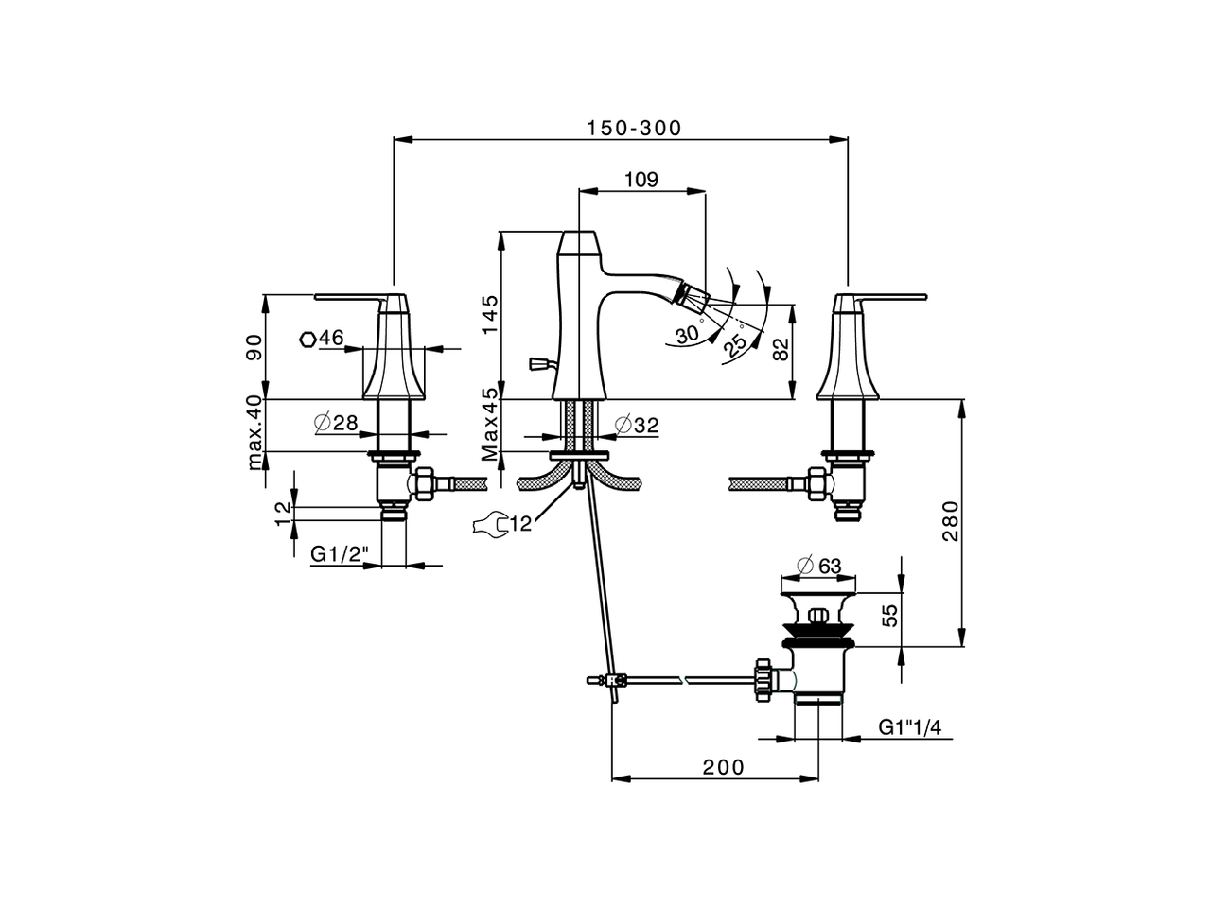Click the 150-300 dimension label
pyautogui.click(x=633, y=129)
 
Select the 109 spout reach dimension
pyautogui.click(x=641, y=180)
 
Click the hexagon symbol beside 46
pyautogui.click(x=307, y=339)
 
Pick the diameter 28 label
pyautogui.click(x=337, y=423)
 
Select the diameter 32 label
pyautogui.click(x=636, y=426)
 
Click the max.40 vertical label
pyautogui.click(x=254, y=433)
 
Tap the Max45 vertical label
pyautogui.click(x=488, y=425)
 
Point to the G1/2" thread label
pyautogui.click(x=339, y=555)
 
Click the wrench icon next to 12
pyautogui.click(x=489, y=524)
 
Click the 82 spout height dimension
pyautogui.click(x=781, y=350)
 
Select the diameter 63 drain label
pyautogui.click(x=819, y=566)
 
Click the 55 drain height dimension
pyautogui.click(x=888, y=617)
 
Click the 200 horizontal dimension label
pyautogui.click(x=723, y=767)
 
